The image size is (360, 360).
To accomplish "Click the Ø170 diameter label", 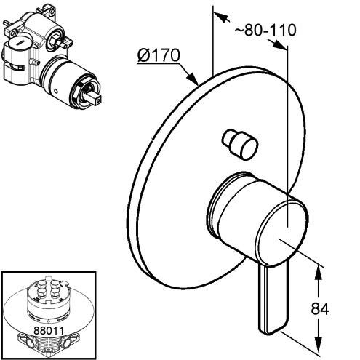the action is click(x=159, y=55).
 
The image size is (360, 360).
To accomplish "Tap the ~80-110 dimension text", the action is click(x=265, y=31).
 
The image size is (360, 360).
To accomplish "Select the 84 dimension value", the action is click(x=320, y=309).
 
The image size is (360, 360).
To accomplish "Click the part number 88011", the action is click(x=49, y=330).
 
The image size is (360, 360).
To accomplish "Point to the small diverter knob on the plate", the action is click(x=240, y=144).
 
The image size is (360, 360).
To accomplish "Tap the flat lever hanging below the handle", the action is click(x=274, y=299).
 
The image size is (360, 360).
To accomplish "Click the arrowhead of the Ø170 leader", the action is click(x=193, y=78).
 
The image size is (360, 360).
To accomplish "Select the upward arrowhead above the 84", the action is click(x=319, y=273).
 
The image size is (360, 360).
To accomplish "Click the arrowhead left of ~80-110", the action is click(x=221, y=17).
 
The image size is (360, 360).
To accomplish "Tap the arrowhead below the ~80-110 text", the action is click(x=279, y=44).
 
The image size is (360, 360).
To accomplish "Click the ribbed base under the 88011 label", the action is click(x=48, y=345).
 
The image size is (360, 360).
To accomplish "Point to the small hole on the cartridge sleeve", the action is click(x=56, y=92).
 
